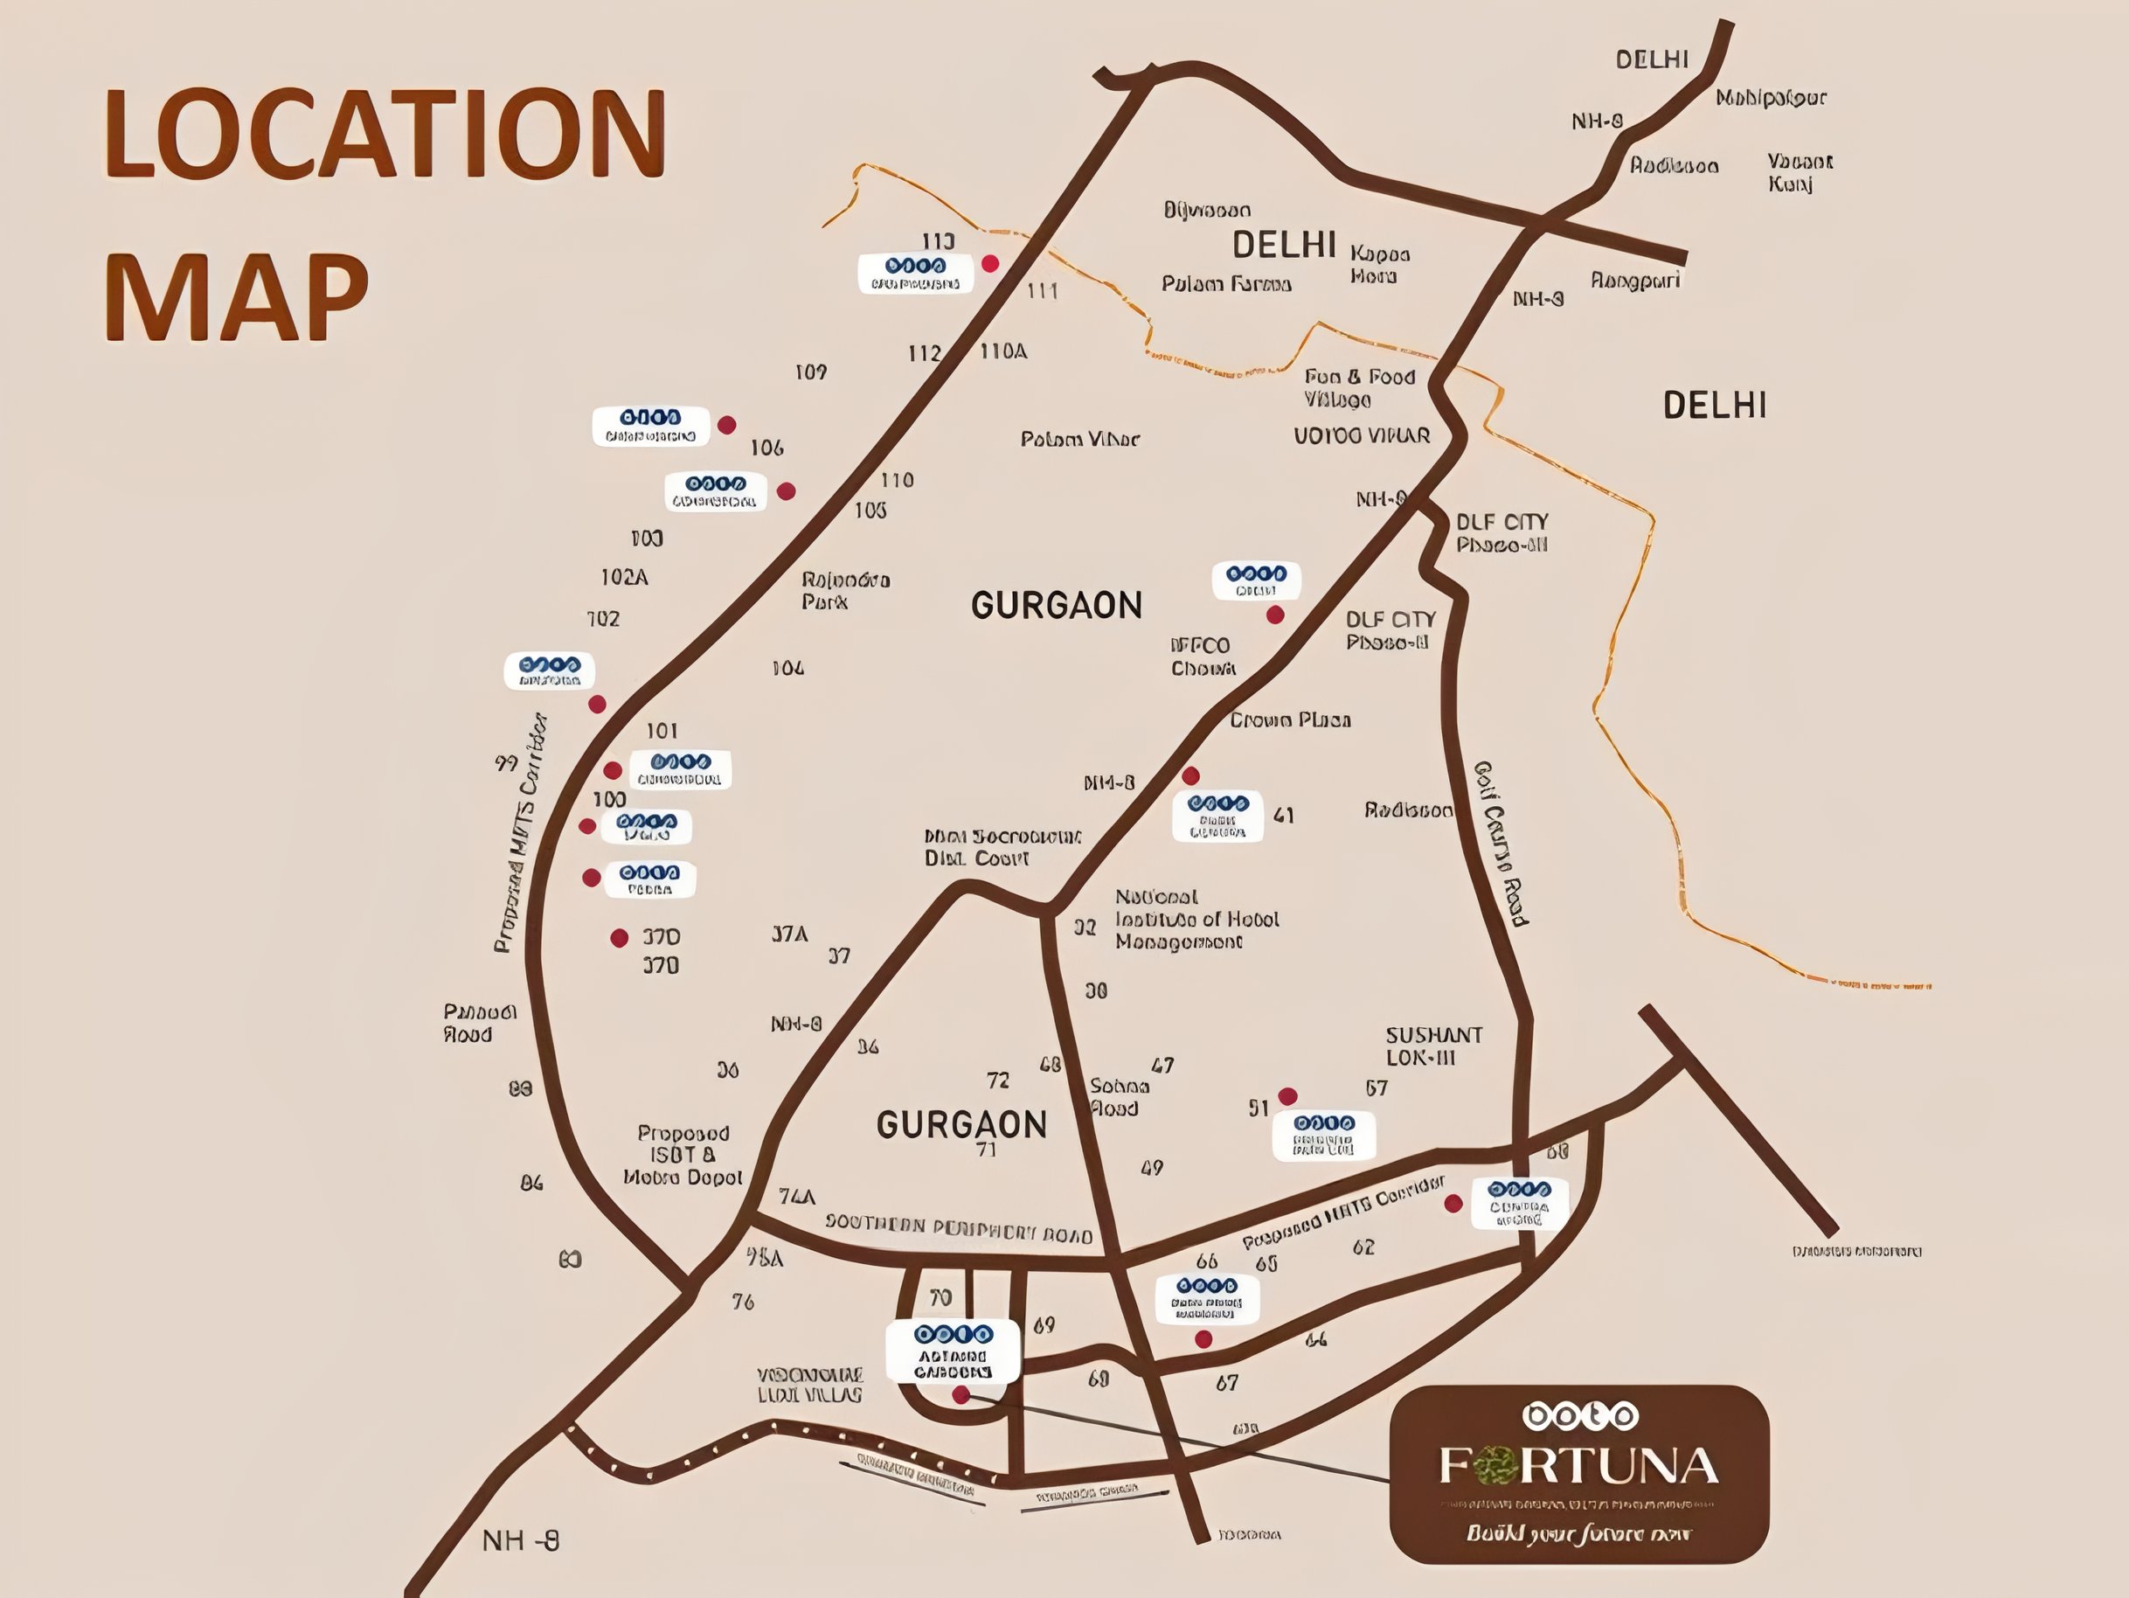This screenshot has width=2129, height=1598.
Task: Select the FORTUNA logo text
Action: pyautogui.click(x=1578, y=1466)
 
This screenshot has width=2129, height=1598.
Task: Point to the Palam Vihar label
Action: pyautogui.click(x=1080, y=440)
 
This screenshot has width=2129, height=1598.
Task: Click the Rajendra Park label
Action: pyautogui.click(x=845, y=591)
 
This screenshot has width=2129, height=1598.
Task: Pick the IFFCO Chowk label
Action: pyautogui.click(x=1202, y=657)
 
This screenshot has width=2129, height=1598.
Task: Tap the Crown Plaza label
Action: pyautogui.click(x=1290, y=720)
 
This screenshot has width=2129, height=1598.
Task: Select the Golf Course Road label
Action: pyautogui.click(x=1501, y=844)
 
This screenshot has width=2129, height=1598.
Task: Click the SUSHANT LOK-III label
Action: pyautogui.click(x=1433, y=1046)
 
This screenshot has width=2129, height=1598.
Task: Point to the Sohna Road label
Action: pyautogui.click(x=1119, y=1097)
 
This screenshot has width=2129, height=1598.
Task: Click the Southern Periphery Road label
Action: pyautogui.click(x=959, y=1229)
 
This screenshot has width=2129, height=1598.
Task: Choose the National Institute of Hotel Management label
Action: pyautogui.click(x=1196, y=920)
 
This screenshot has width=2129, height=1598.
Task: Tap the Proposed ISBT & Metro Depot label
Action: pyautogui.click(x=683, y=1155)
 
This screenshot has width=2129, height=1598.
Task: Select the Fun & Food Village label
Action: pyautogui.click(x=1359, y=388)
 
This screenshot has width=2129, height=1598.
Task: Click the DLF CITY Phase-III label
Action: pyautogui.click(x=1501, y=533)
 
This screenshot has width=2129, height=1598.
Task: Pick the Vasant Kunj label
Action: pyautogui.click(x=1799, y=172)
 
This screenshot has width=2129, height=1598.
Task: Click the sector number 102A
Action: pyautogui.click(x=624, y=578)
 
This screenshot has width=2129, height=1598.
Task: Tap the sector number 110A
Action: pyautogui.click(x=1003, y=351)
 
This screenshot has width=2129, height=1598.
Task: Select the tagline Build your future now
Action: pyautogui.click(x=1578, y=1533)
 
